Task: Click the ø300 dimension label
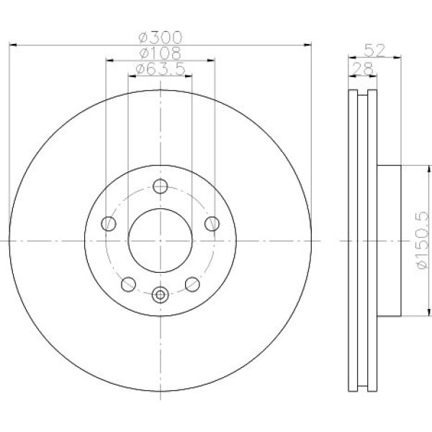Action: (x=160, y=37)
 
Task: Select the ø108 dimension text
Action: (x=160, y=53)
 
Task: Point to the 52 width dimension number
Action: (x=373, y=50)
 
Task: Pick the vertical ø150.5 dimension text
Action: (x=421, y=240)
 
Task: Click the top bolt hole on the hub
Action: (x=160, y=186)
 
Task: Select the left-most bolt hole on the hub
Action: (x=109, y=224)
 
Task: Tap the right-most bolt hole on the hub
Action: (x=211, y=224)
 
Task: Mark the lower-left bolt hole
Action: (x=128, y=284)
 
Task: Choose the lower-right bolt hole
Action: (x=192, y=284)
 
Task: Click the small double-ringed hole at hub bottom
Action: (x=160, y=293)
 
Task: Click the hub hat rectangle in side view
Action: (x=387, y=240)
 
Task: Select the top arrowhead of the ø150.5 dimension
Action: (x=407, y=168)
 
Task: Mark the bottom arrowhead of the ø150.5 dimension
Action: (x=407, y=314)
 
